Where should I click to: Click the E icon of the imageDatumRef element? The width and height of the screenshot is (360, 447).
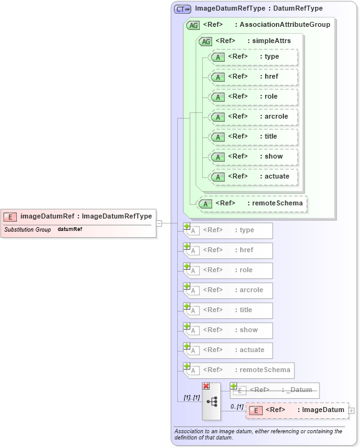[x=10, y=217]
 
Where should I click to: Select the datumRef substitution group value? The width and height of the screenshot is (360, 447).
[x=70, y=230]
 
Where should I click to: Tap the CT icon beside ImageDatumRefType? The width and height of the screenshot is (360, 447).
[x=182, y=9]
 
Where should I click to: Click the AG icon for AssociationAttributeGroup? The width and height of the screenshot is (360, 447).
[x=193, y=25]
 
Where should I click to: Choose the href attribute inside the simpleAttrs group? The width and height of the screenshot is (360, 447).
[x=253, y=77]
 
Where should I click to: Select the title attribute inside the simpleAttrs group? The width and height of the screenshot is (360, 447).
[x=253, y=137]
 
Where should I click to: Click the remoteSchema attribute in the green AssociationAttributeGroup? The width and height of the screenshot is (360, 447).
[x=252, y=203]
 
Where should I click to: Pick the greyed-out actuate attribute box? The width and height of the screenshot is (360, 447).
[x=229, y=350]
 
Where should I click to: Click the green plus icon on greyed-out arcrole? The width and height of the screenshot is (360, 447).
[x=187, y=286]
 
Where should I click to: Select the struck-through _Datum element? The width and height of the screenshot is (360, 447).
[x=275, y=390]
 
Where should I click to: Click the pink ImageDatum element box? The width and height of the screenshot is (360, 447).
[x=297, y=410]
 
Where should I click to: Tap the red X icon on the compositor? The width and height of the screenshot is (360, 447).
[x=206, y=386]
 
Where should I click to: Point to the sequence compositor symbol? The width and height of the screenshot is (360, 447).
[x=212, y=402]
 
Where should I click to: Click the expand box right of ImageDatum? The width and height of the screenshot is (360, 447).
[x=351, y=410]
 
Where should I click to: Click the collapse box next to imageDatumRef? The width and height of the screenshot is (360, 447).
[x=159, y=223]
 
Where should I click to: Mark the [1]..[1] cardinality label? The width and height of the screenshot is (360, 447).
[x=191, y=397]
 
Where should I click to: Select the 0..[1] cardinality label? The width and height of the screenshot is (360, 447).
[x=237, y=406]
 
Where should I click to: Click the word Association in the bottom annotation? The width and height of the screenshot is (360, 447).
[x=190, y=431]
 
